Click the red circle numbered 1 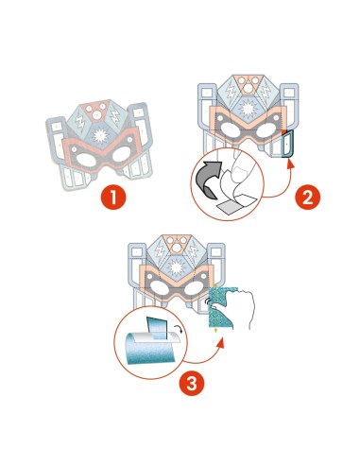click(x=113, y=198)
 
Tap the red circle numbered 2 click(x=307, y=198)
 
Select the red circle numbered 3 click(x=192, y=384)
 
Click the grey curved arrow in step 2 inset click(x=209, y=179)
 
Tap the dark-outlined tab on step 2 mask click(x=287, y=144)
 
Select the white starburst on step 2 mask click(x=248, y=109)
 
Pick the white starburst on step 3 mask click(x=177, y=267)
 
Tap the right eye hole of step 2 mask click(x=266, y=129)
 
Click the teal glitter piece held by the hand click(x=221, y=307)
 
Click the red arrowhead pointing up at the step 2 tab click(x=291, y=164)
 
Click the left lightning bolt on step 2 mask click(x=231, y=91)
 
